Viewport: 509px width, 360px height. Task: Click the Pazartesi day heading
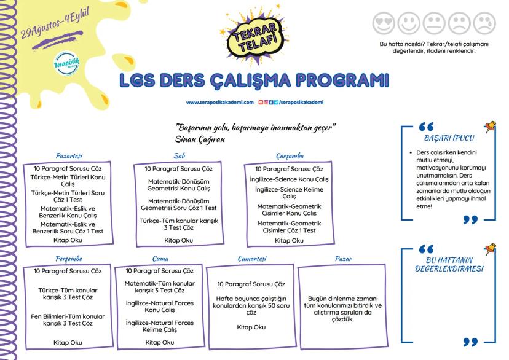(69, 157)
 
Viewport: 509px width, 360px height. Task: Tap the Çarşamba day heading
(290, 157)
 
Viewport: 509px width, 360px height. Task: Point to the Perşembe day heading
(69, 259)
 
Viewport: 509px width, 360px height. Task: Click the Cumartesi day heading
(253, 259)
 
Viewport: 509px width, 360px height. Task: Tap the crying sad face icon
(484, 23)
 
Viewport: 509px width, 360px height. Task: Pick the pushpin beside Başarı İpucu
(489, 128)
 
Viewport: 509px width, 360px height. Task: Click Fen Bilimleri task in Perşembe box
(68, 319)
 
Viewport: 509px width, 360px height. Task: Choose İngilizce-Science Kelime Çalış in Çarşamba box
(289, 193)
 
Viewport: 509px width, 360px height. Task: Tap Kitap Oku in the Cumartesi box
(251, 327)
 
